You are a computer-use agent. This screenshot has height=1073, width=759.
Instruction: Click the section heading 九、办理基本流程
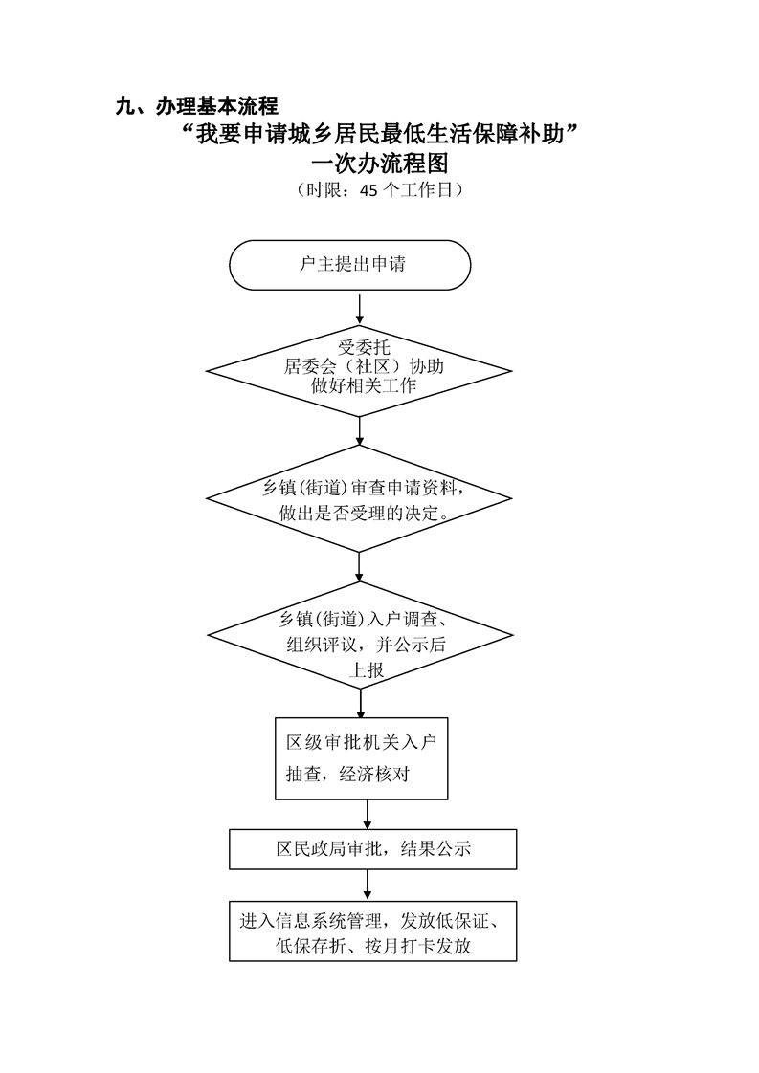pos(196,106)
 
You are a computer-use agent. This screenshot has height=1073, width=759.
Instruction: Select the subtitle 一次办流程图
pos(380,163)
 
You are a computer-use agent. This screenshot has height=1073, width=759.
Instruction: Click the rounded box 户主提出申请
pos(350,265)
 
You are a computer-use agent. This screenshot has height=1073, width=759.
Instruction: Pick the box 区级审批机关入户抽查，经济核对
pos(362,757)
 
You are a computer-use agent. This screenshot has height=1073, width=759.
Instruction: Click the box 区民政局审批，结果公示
pos(373,848)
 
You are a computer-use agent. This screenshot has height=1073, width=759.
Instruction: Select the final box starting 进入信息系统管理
pos(373,931)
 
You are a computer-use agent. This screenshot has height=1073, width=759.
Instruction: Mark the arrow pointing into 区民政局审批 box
pos(368,815)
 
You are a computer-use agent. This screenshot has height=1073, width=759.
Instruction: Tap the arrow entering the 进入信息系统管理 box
pos(368,886)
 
